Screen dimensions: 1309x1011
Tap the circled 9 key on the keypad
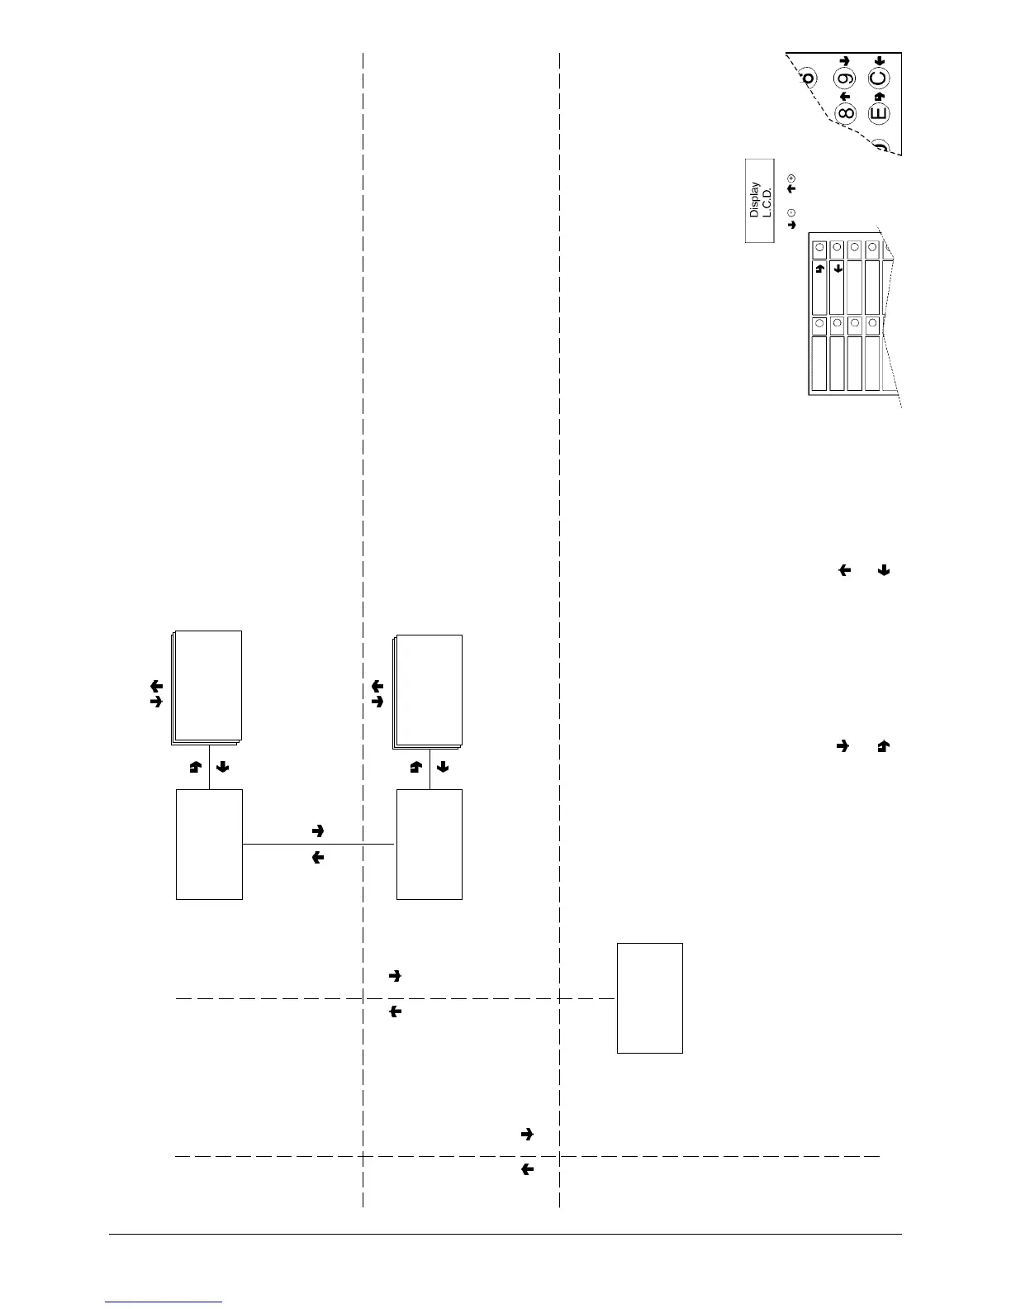point(845,79)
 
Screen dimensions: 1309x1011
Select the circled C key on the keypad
point(879,79)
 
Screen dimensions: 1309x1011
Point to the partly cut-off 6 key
point(808,78)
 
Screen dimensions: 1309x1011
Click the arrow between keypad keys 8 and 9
point(845,96)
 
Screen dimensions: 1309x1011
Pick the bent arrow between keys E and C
point(879,96)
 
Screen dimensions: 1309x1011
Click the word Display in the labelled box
point(754,199)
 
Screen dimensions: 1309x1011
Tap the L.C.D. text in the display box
point(766,199)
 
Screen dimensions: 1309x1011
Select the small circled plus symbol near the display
point(792,178)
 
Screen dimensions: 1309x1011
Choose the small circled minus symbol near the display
point(792,212)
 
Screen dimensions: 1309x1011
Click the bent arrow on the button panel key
point(819,269)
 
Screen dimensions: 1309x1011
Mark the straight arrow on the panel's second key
point(838,269)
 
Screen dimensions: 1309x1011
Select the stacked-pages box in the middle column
point(429,691)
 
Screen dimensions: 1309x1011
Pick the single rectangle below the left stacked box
point(209,844)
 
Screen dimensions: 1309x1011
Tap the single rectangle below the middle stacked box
point(429,844)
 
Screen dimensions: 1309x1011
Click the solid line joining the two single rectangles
point(319,844)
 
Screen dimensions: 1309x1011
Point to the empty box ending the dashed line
point(650,997)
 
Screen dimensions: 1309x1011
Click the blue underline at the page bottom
point(164,1302)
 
